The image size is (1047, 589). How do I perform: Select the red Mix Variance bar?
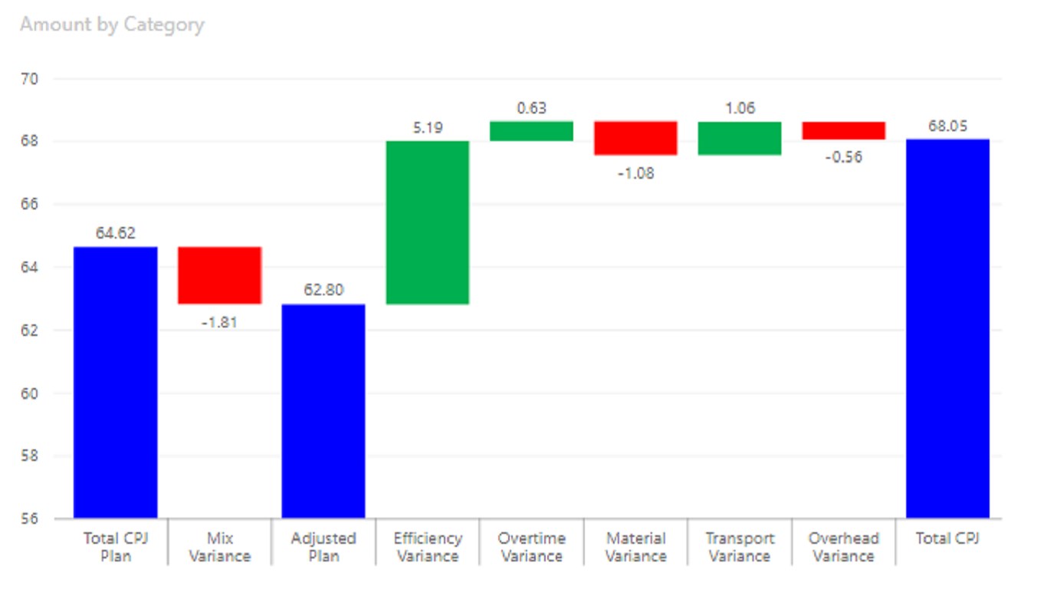219,275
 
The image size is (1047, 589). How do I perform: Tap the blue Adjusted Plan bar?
323,411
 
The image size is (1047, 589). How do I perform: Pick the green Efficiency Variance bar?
428,222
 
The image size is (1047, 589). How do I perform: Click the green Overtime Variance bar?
532,131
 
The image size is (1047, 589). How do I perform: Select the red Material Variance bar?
635,138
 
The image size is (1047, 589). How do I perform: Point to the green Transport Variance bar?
740,138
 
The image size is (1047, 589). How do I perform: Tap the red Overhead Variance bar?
844,130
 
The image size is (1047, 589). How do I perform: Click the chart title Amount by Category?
112,25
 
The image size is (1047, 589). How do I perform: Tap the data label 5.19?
428,128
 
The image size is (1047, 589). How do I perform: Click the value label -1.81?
219,322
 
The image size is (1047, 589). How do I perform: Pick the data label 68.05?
947,127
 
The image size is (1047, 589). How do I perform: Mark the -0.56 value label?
844,157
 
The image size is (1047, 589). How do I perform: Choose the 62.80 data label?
323,290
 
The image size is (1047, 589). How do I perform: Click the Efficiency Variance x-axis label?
428,547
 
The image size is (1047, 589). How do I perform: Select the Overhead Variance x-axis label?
844,547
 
